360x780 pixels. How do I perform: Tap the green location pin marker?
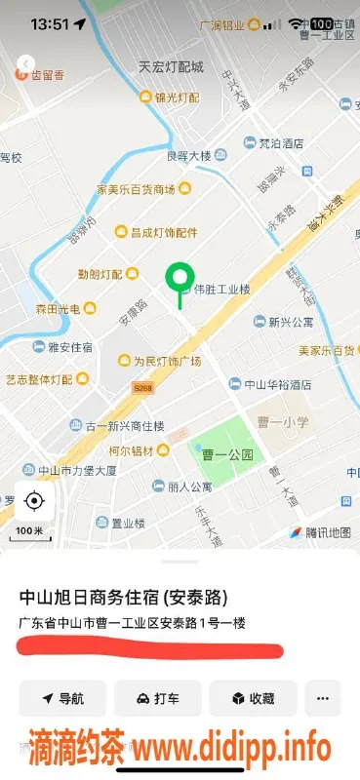pos(178,279)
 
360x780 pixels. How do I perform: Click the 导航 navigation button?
pos(61,698)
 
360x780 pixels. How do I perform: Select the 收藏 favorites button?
pos(252,698)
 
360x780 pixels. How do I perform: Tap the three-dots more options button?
pos(323,698)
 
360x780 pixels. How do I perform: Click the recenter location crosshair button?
pos(34,502)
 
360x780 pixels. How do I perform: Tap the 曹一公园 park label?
pos(233,454)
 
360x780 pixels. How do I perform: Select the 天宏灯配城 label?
pos(170,67)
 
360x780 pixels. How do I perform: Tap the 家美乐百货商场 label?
pos(136,188)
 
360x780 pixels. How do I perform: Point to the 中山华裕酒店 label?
pos(277,384)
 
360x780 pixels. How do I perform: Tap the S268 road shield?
pos(144,388)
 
